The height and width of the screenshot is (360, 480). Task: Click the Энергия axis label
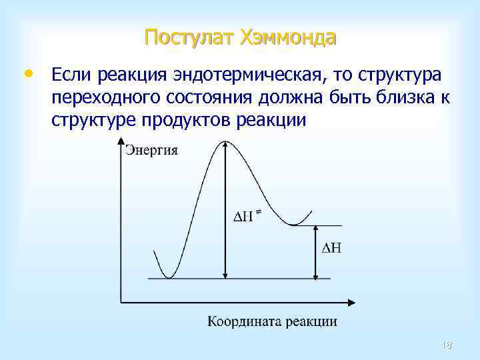click(152, 150)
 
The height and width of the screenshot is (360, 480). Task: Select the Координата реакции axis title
click(272, 321)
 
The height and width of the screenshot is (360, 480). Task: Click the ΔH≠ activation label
click(246, 217)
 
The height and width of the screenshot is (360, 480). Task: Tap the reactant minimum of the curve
click(170, 277)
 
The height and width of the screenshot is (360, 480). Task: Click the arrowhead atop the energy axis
click(121, 141)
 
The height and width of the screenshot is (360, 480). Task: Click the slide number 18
click(446, 344)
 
